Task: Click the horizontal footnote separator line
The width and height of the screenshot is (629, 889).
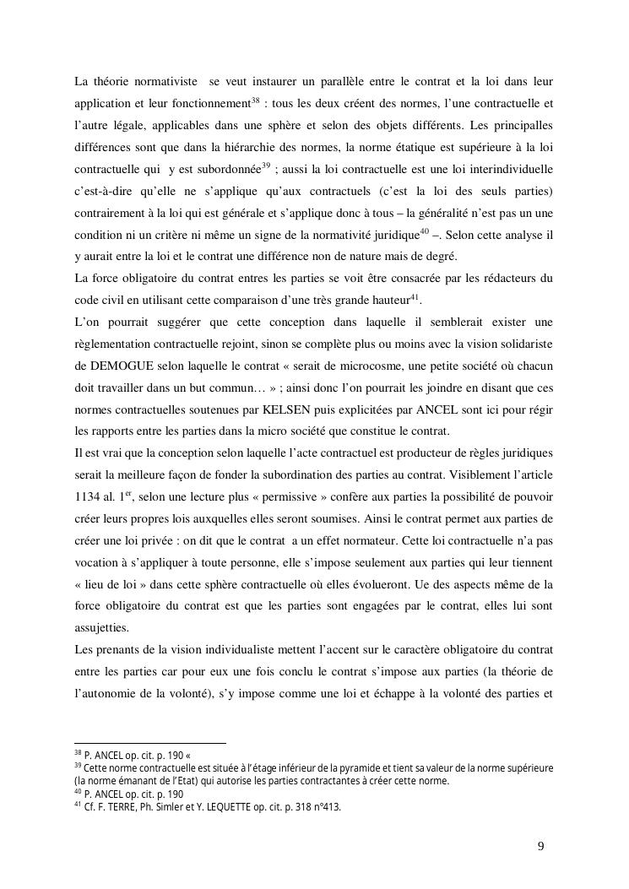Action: tap(150, 743)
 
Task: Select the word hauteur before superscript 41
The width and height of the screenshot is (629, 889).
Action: tap(386, 300)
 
